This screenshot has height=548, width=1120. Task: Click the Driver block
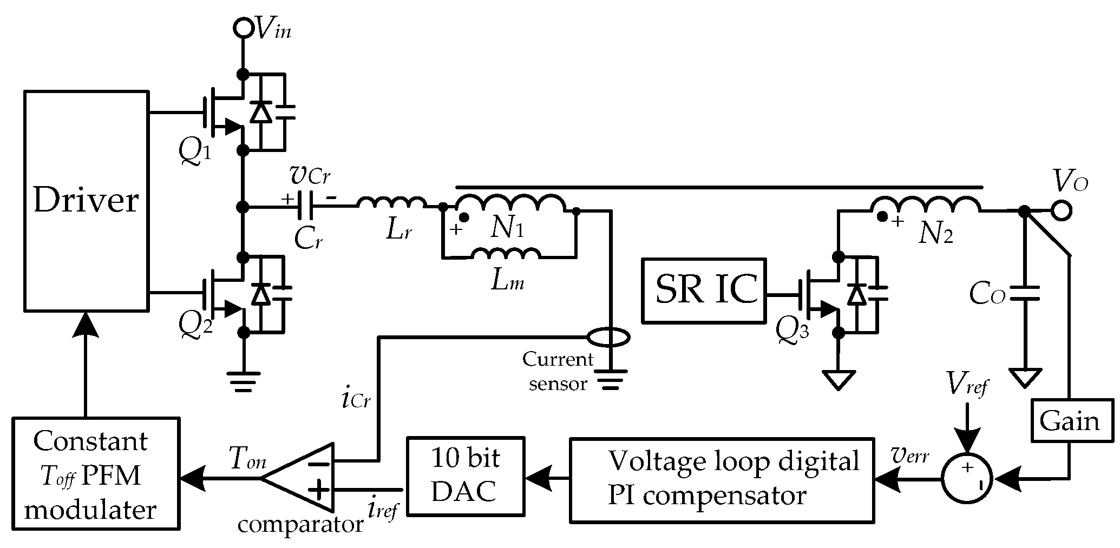(x=86, y=201)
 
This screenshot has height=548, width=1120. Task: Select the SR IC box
(x=703, y=290)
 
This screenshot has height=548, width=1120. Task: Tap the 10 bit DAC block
(x=466, y=476)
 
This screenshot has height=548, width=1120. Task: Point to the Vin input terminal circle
(x=244, y=27)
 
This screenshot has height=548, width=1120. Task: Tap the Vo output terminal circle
(x=1062, y=210)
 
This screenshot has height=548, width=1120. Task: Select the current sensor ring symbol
(x=608, y=338)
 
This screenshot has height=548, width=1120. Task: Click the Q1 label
(x=194, y=154)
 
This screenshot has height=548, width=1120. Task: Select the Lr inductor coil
(x=391, y=203)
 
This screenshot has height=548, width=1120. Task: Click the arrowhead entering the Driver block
(x=84, y=323)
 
